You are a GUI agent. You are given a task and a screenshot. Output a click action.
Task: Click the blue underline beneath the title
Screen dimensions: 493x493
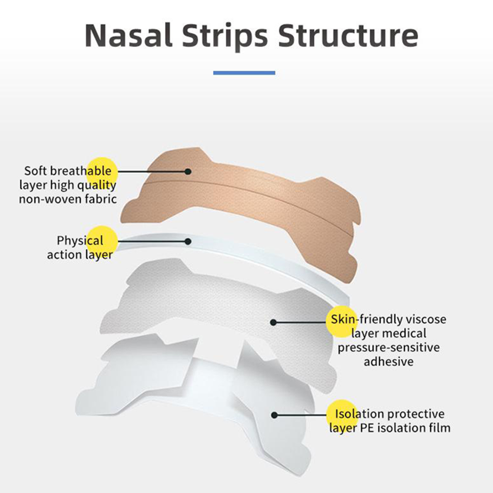click(x=244, y=73)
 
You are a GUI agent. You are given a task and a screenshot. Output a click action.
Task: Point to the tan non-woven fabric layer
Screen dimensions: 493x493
click(x=246, y=203)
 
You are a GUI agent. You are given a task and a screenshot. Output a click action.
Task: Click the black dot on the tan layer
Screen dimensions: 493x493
click(x=188, y=172)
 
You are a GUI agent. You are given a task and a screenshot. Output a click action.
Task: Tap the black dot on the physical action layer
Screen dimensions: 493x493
click(x=188, y=242)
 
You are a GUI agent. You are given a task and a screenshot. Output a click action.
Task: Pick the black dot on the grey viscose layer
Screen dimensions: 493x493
click(x=273, y=322)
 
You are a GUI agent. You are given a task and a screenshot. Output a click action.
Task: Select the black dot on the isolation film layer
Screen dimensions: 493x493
click(x=274, y=415)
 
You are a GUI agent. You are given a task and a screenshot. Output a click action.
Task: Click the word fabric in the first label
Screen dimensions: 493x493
click(x=100, y=199)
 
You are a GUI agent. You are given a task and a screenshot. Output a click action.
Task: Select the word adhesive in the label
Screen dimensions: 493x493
click(x=389, y=361)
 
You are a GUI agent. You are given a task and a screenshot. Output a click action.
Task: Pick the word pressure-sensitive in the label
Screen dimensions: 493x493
click(x=389, y=348)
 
